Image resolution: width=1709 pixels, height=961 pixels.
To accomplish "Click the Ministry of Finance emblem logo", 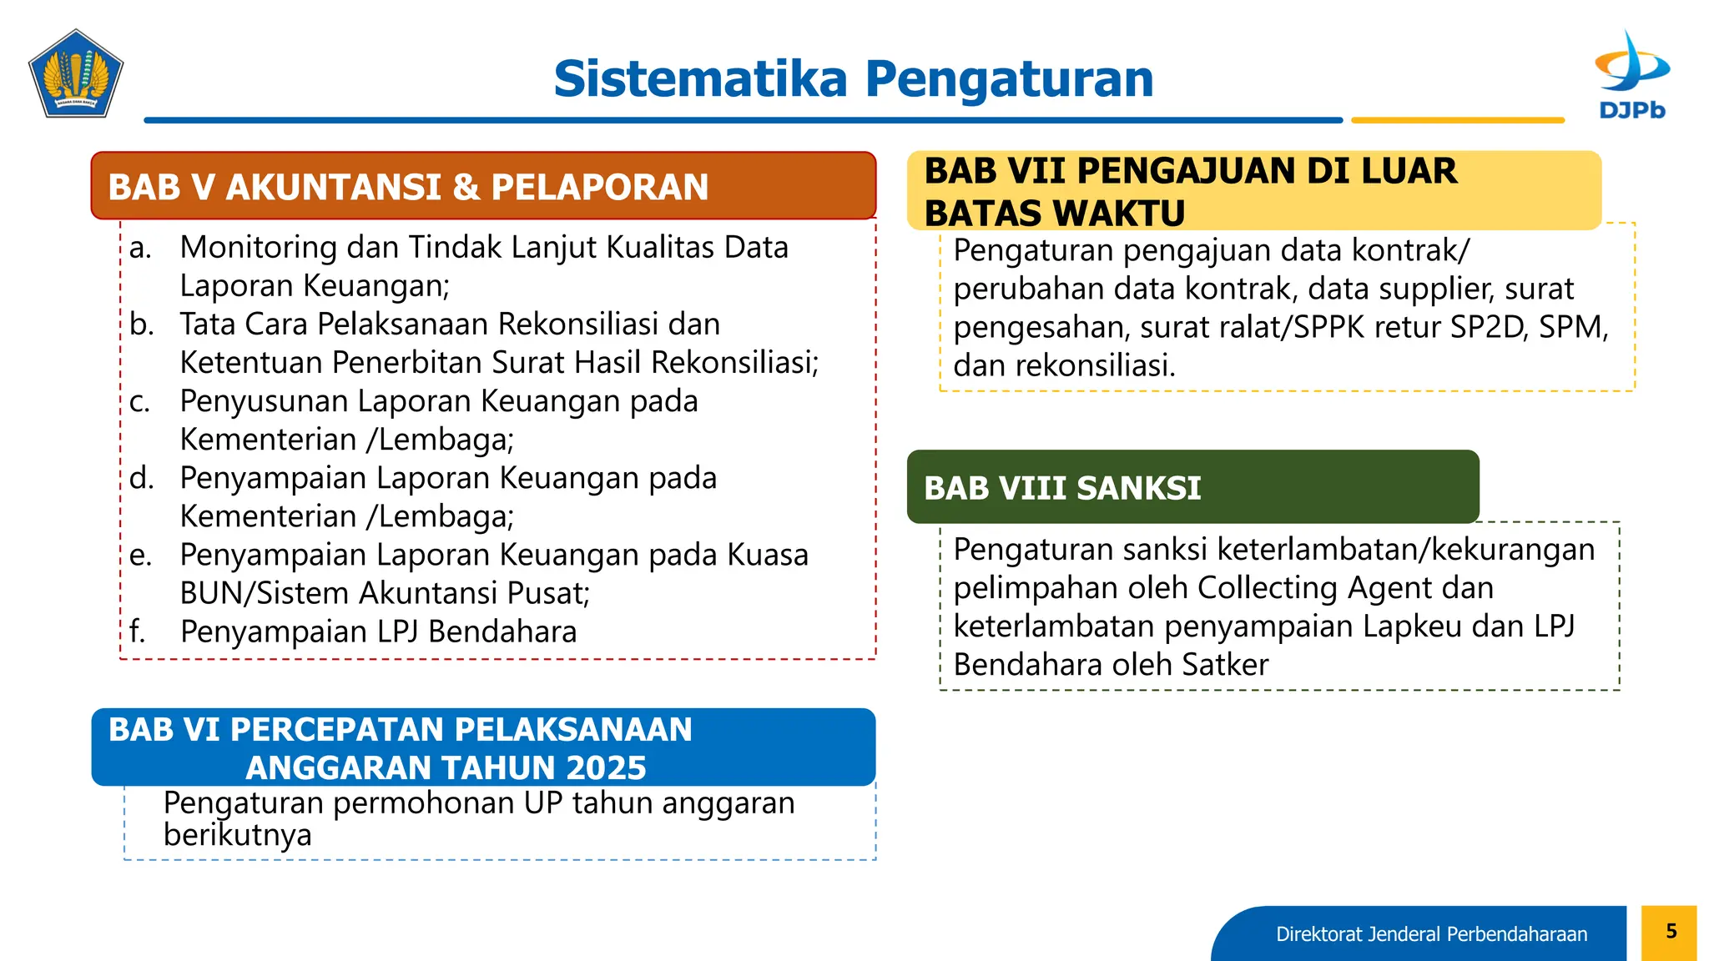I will coord(76,74).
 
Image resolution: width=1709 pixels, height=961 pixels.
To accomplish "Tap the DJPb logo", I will coord(1631,75).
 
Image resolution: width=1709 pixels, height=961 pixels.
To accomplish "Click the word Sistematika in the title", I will coord(700,79).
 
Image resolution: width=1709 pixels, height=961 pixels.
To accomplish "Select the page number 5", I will coord(1671,931).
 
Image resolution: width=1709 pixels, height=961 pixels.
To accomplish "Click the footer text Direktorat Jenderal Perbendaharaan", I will coord(1431,934).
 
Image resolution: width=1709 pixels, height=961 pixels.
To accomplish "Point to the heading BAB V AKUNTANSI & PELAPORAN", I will coord(408,187).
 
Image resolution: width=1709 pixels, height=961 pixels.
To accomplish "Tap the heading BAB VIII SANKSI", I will coord(1062,488).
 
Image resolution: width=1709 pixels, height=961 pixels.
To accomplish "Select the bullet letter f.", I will coord(138,632).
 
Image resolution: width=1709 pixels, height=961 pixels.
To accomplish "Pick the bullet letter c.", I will coord(139,402).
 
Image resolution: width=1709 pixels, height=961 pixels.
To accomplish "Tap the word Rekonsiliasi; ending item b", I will coord(734,363).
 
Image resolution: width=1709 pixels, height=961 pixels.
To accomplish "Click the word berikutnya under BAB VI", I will coord(237,835).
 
